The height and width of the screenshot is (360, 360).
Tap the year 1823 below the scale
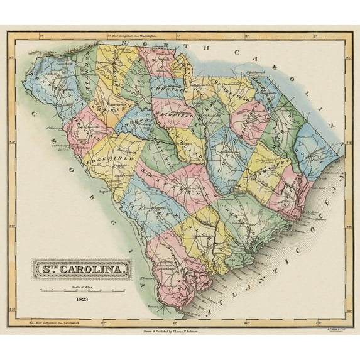pyautogui.click(x=82, y=300)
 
